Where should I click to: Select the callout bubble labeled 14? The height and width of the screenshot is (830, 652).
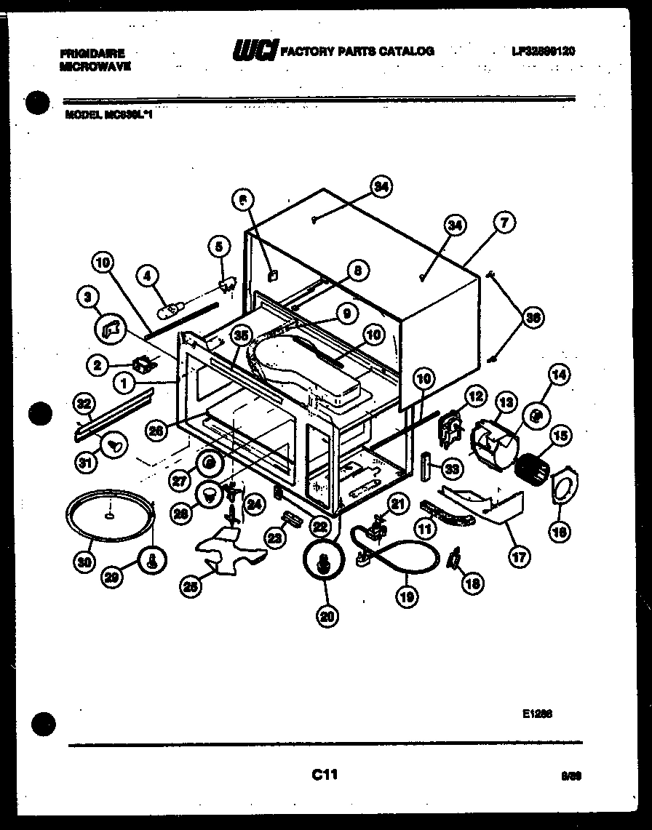tap(560, 376)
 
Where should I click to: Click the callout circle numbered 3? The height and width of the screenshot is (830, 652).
tap(87, 297)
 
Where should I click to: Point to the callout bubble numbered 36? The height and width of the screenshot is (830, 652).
tap(533, 317)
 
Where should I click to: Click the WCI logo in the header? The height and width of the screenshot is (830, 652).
tap(254, 51)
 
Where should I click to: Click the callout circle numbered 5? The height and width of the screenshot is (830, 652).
tap(219, 247)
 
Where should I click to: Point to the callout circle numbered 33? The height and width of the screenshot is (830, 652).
tap(452, 470)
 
